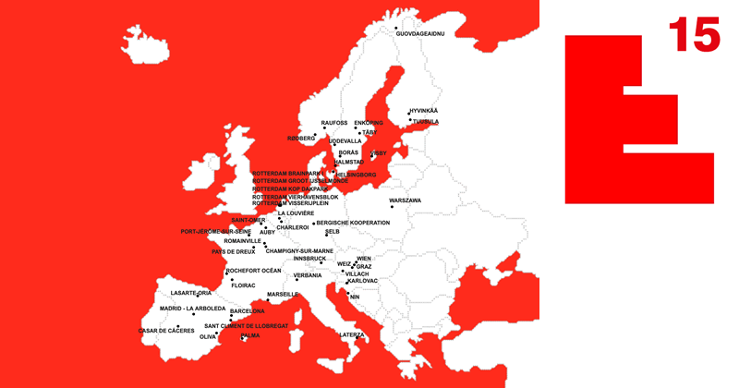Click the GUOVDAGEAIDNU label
tap(419, 33)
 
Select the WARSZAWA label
tap(405, 200)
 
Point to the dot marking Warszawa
tap(392, 205)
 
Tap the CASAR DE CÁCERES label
tap(166, 330)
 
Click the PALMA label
tap(249, 335)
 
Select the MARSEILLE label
tap(283, 295)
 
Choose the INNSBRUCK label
tap(309, 259)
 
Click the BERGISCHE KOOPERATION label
tap(353, 223)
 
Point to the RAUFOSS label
tap(334, 122)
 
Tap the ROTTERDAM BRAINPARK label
tap(288, 173)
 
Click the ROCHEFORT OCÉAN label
tap(253, 271)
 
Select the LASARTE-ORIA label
tap(191, 293)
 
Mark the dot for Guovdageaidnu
tap(396, 28)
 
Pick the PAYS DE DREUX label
tap(233, 251)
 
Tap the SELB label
tap(333, 232)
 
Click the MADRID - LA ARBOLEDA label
tap(192, 309)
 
